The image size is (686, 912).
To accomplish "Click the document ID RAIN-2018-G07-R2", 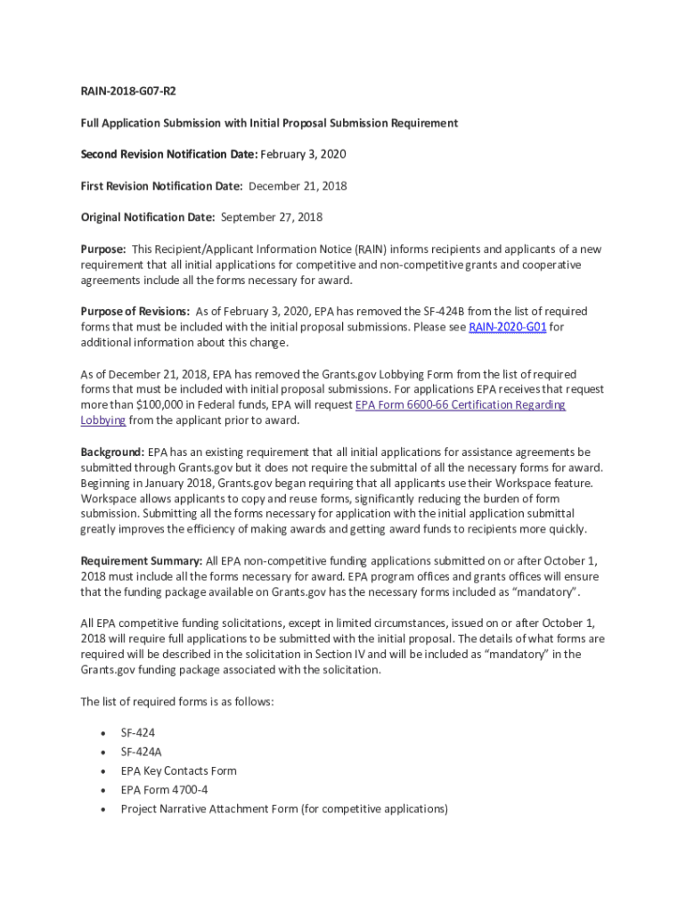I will tap(122, 92).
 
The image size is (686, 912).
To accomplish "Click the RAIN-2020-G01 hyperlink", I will tap(507, 327).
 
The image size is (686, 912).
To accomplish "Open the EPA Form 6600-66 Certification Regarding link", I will tap(460, 405).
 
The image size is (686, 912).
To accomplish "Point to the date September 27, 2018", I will tap(271, 217).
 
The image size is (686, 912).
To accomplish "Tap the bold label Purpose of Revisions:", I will tap(135, 312).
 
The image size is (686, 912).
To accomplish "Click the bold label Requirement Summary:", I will tap(142, 561).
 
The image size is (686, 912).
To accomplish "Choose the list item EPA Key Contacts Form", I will tap(178, 771).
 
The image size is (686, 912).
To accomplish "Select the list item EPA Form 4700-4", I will tap(164, 790).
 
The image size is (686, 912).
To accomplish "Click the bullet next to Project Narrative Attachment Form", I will tap(103, 810).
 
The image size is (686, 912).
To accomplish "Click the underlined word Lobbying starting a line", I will tap(103, 420).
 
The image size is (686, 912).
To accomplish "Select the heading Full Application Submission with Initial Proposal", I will tap(269, 123).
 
